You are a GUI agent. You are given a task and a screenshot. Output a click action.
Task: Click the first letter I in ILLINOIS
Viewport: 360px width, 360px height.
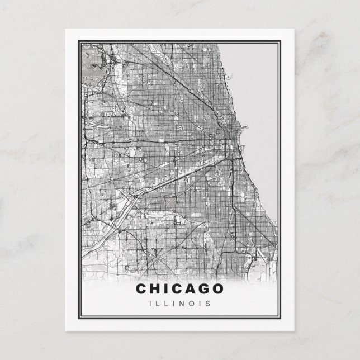pyautogui.click(x=151, y=304)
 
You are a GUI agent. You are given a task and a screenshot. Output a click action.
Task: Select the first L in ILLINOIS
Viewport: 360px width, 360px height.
pyautogui.click(x=158, y=304)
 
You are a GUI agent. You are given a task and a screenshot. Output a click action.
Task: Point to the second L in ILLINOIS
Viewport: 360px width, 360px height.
pyautogui.click(x=166, y=304)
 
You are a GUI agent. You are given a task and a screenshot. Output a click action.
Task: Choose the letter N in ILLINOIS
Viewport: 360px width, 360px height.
pyautogui.click(x=181, y=304)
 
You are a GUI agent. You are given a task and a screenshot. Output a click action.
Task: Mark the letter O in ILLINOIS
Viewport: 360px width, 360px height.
pyautogui.click(x=190, y=304)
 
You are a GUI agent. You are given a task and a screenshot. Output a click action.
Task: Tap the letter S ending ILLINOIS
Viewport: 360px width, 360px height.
pyautogui.click(x=207, y=304)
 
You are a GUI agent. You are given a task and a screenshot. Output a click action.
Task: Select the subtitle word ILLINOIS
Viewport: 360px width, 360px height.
pyautogui.click(x=179, y=304)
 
